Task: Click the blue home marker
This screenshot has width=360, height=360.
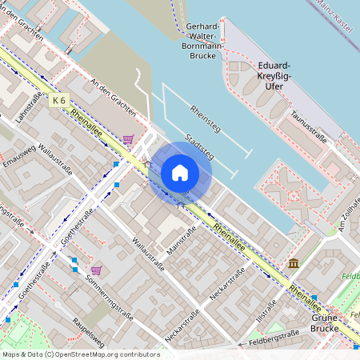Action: (180, 172)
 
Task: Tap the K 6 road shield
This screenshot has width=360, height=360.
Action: (58, 100)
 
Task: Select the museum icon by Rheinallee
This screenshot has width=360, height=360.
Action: (294, 263)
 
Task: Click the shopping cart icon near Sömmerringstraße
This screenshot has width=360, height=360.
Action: (97, 270)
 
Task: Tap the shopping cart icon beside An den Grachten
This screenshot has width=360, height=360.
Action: (128, 139)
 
